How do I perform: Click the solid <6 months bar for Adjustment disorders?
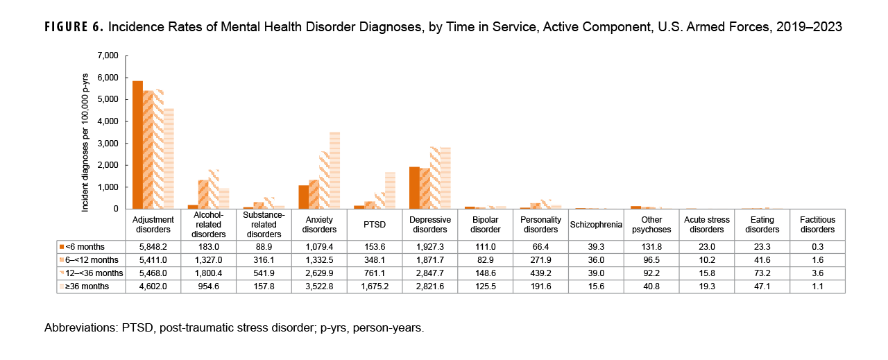pyautogui.click(x=137, y=146)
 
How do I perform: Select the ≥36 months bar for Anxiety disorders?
pyautogui.click(x=334, y=171)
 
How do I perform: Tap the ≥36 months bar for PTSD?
pyautogui.click(x=390, y=191)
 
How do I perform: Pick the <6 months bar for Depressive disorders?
pyautogui.click(x=414, y=188)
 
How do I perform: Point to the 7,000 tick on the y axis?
pyautogui.click(x=108, y=55)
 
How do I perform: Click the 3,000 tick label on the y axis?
pyautogui.click(x=108, y=144)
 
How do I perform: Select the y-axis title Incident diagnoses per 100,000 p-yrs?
pyautogui.click(x=85, y=132)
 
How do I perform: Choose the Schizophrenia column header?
pyautogui.click(x=595, y=225)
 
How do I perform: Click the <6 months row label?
pyautogui.click(x=83, y=247)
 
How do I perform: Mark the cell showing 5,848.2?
pyautogui.click(x=153, y=247)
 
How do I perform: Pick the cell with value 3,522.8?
pyautogui.click(x=318, y=286)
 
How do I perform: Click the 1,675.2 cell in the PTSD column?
pyautogui.click(x=374, y=286)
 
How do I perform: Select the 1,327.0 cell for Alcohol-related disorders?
pyautogui.click(x=208, y=260)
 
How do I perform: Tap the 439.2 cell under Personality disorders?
pyautogui.click(x=540, y=273)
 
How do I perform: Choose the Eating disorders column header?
pyautogui.click(x=762, y=225)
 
